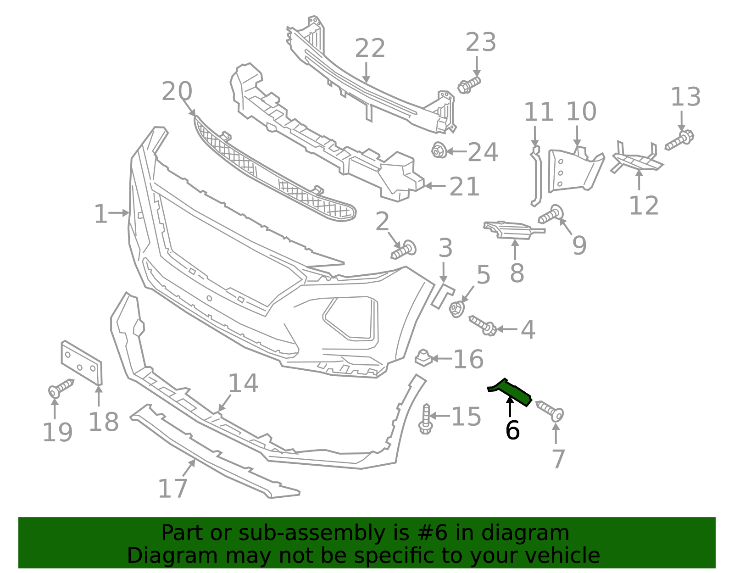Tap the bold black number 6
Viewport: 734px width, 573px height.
pyautogui.click(x=512, y=430)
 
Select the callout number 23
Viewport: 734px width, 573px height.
pyautogui.click(x=481, y=42)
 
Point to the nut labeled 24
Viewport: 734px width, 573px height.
pyautogui.click(x=439, y=150)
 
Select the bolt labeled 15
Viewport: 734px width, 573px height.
pyautogui.click(x=426, y=419)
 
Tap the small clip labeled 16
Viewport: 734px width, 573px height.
pyautogui.click(x=423, y=358)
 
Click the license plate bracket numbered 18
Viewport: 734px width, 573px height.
pyautogui.click(x=82, y=362)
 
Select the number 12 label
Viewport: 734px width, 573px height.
pyautogui.click(x=644, y=206)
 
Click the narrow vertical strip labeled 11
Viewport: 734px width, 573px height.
pyautogui.click(x=535, y=177)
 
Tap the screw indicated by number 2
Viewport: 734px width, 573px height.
pyautogui.click(x=404, y=250)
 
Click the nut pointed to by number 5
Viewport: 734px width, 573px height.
pyautogui.click(x=456, y=309)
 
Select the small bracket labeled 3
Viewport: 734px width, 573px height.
pyautogui.click(x=442, y=295)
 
